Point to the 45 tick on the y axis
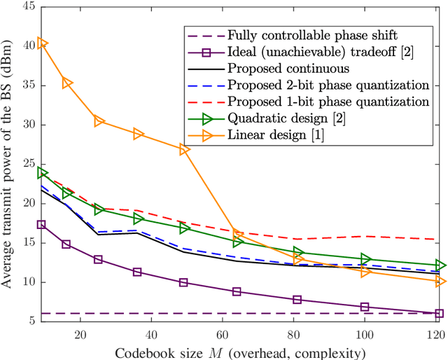(x=27, y=7)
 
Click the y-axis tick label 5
(x=30, y=321)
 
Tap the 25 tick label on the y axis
(x=27, y=165)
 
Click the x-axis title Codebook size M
(x=242, y=351)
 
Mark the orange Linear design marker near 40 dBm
(x=42, y=43)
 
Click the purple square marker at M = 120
(x=439, y=314)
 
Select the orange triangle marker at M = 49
(x=183, y=150)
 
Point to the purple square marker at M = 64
(x=237, y=291)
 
